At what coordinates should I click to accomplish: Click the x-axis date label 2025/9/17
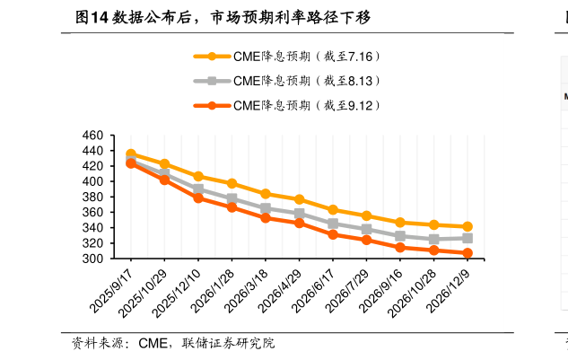click(113, 285)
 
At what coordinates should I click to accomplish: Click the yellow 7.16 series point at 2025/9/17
click(131, 154)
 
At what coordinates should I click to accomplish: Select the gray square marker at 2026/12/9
click(468, 238)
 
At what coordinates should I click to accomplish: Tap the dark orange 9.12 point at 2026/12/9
click(468, 253)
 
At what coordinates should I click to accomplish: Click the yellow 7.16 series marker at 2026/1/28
click(232, 183)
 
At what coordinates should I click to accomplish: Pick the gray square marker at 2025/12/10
click(198, 189)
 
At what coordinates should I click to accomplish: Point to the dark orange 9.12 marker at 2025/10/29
click(164, 180)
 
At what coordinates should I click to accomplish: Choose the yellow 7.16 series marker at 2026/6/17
click(333, 209)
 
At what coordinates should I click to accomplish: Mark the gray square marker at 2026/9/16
click(400, 236)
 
